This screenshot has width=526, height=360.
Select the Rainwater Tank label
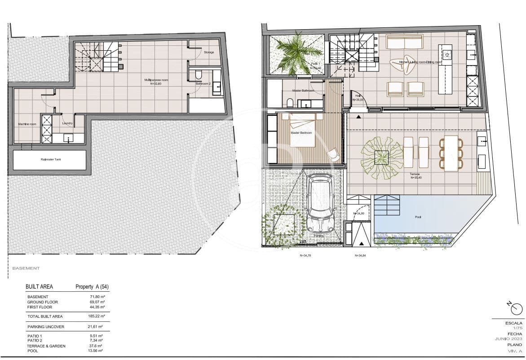pyautogui.click(x=49, y=159)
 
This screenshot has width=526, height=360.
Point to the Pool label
pyautogui.click(x=418, y=216)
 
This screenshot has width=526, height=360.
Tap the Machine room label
pyautogui.click(x=27, y=124)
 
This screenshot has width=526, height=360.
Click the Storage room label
pyautogui.click(x=209, y=53)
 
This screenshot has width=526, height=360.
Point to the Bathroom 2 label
pyautogui.click(x=203, y=83)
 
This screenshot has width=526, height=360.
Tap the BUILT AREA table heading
pyautogui.click(x=39, y=286)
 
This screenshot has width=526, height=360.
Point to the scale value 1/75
pyautogui.click(x=518, y=328)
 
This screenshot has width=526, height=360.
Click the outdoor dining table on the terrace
pyautogui.click(x=451, y=153)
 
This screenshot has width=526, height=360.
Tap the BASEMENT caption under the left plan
pyautogui.click(x=26, y=268)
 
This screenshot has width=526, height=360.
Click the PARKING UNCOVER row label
pyautogui.click(x=45, y=327)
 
